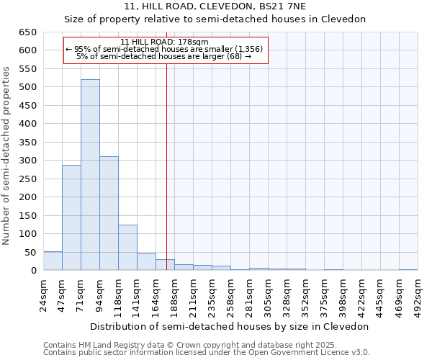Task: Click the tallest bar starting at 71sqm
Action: click(x=90, y=175)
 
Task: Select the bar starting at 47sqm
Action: click(x=71, y=217)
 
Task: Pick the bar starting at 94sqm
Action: click(x=109, y=213)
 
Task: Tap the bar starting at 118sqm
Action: click(x=127, y=248)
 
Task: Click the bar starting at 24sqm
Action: click(x=53, y=261)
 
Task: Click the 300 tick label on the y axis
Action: click(x=28, y=161)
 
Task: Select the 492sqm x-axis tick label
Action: click(x=418, y=293)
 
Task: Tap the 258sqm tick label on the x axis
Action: click(x=231, y=293)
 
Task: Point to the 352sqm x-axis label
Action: click(x=306, y=293)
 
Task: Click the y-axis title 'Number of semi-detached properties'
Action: click(x=7, y=156)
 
